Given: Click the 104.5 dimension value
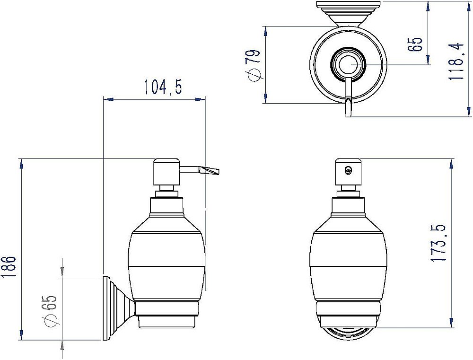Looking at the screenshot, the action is pyautogui.click(x=163, y=86).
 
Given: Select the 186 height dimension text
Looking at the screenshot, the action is pyautogui.click(x=8, y=267).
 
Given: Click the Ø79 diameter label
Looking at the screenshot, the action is pyautogui.click(x=253, y=65).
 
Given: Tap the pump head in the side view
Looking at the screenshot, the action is pyautogui.click(x=167, y=172).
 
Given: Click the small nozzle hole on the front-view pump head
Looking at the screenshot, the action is pyautogui.click(x=349, y=171).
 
